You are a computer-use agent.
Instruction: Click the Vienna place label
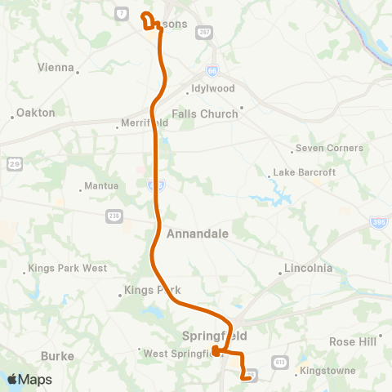click(56, 68)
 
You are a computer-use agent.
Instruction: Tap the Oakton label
click(35, 113)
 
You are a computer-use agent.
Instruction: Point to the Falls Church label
click(204, 114)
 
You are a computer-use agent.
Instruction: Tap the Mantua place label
click(101, 186)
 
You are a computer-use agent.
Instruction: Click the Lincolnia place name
click(307, 269)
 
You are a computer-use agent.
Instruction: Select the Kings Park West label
click(67, 268)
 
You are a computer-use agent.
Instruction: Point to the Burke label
click(57, 356)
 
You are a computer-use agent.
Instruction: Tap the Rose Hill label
click(353, 341)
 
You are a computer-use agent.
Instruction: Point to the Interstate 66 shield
click(212, 71)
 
